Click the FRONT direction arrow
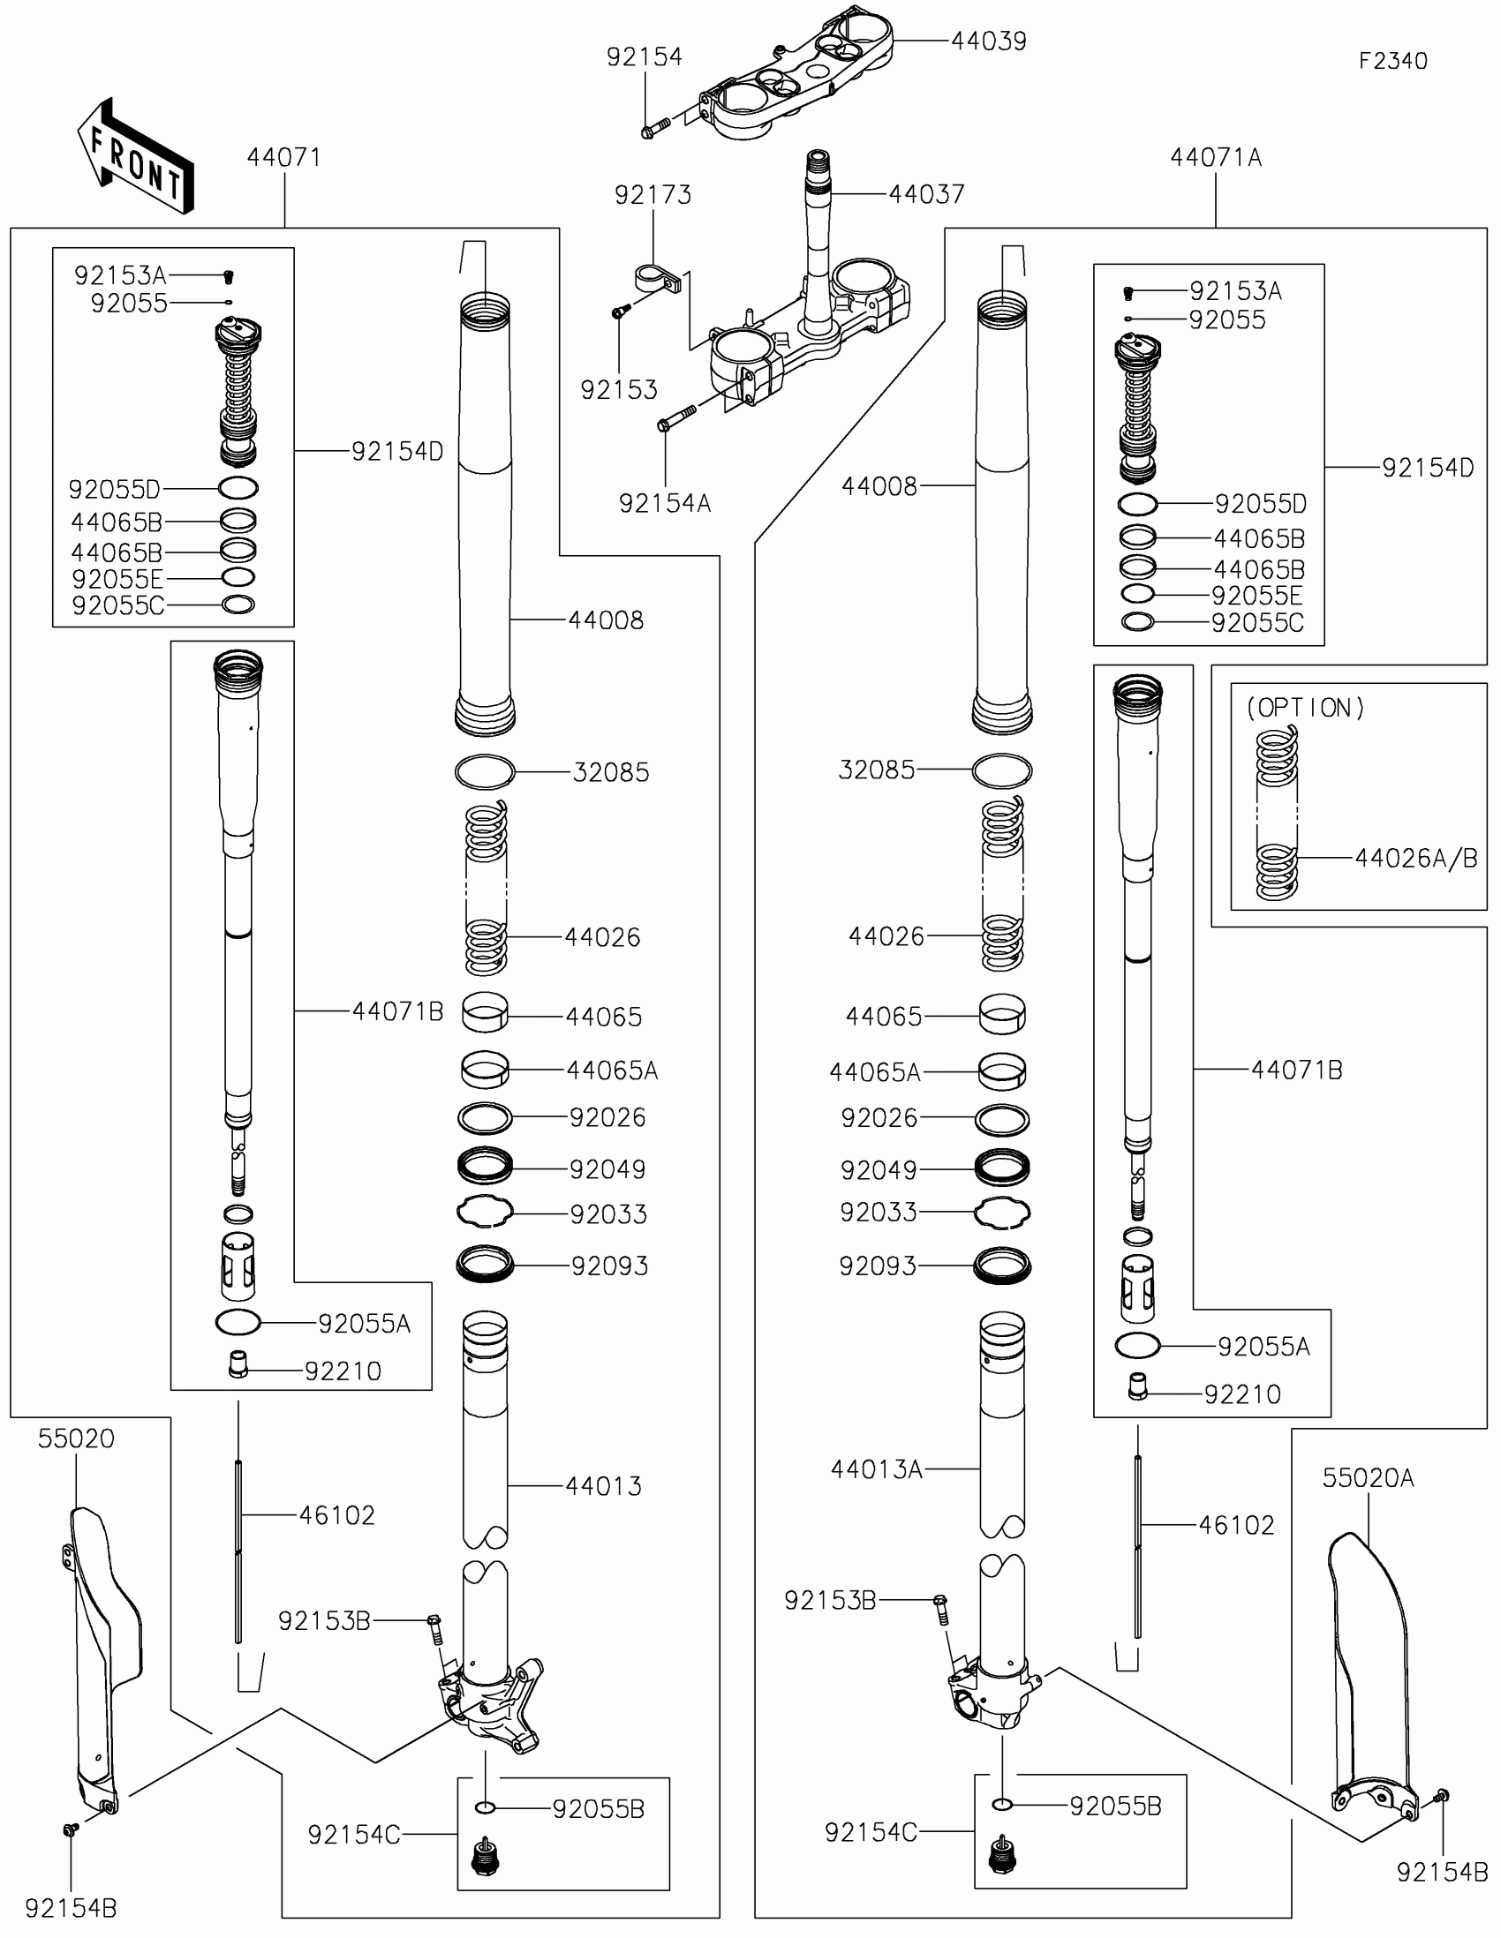[135, 156]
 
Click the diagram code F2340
[1392, 60]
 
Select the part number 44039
[989, 41]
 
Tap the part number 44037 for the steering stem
[927, 193]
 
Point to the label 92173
[653, 194]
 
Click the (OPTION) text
[1305, 707]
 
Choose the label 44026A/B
[1415, 858]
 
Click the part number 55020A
[1368, 1477]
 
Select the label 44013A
[877, 1469]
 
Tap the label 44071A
[1216, 157]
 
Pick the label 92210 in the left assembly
[343, 1371]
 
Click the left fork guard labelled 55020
[105, 1659]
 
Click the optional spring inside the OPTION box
[1277, 812]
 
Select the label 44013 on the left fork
[604, 1485]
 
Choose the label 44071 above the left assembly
[283, 157]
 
